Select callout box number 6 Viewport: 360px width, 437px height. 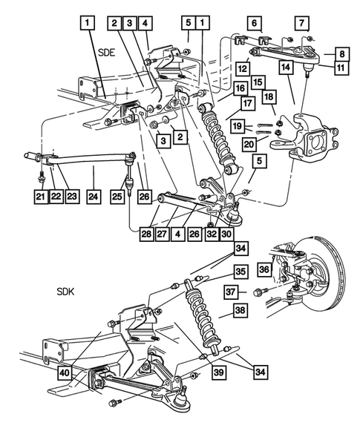255,23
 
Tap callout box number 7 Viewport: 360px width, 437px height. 301,23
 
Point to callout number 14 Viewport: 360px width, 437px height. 285,68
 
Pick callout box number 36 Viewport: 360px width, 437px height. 264,269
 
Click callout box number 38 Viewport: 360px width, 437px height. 240,312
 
